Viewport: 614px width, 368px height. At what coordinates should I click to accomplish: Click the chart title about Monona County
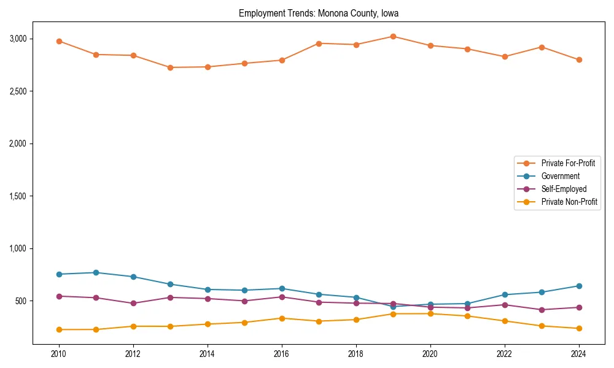click(x=319, y=13)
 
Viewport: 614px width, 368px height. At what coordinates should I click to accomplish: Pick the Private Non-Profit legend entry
click(x=569, y=202)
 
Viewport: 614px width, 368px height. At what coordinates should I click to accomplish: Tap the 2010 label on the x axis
click(x=59, y=354)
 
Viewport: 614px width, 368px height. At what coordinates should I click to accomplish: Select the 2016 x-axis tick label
click(x=282, y=354)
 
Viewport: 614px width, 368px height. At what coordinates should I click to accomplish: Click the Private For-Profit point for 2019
click(x=393, y=36)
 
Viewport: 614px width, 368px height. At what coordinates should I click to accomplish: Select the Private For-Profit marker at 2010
click(x=59, y=41)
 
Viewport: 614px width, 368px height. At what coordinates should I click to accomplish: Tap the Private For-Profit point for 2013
click(x=170, y=67)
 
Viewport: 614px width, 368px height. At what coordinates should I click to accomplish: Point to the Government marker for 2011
click(x=96, y=272)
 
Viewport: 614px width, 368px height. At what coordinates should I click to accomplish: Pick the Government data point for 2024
click(x=579, y=286)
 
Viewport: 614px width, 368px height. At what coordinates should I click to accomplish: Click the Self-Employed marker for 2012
click(x=133, y=303)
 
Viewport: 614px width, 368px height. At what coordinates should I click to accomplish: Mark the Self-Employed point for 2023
click(x=542, y=310)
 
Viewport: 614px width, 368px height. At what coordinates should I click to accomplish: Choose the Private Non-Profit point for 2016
click(x=282, y=318)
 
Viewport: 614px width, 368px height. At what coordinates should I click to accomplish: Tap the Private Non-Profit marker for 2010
click(x=59, y=329)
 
